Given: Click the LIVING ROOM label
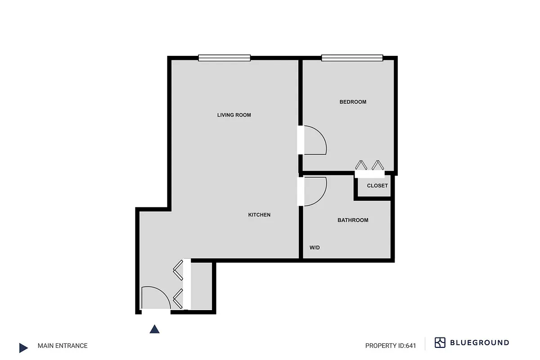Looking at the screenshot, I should pos(234,115).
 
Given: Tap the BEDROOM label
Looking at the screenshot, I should pos(353,102).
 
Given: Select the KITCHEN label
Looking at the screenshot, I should pos(259,215).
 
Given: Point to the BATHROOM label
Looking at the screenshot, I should pos(353,220).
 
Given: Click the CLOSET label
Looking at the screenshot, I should pos(377,186).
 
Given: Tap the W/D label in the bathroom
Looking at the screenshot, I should pos(315,248).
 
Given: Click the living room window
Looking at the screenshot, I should pos(224,58).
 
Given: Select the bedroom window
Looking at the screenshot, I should pos(352,58).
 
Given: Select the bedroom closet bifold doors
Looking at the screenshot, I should pos(369,166).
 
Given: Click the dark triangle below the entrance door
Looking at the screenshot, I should pos(154,329).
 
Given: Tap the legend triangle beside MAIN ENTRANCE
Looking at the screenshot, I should pos(23,347).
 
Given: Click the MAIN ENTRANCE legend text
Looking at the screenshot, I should pos(63,346).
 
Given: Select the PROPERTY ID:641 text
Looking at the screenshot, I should pos(391,346).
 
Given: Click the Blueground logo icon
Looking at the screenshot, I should pos(440,343).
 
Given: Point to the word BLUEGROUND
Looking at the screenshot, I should pos(480,343).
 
